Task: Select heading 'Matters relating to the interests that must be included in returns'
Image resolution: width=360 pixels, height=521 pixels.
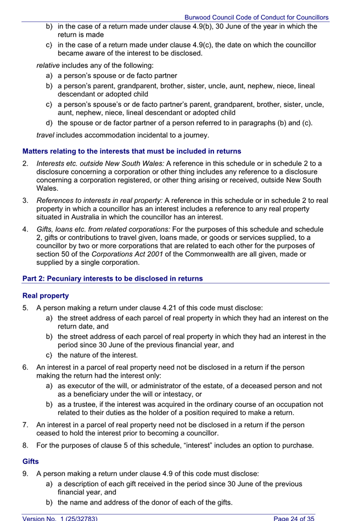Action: point(132,151)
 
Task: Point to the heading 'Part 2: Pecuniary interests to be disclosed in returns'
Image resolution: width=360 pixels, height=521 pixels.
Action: point(113,279)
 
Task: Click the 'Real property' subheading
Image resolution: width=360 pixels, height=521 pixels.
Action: point(46,296)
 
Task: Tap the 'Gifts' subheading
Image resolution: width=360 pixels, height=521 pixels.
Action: point(31,462)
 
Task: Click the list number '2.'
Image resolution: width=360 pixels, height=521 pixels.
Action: point(26,163)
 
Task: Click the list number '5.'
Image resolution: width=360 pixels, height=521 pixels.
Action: point(26,308)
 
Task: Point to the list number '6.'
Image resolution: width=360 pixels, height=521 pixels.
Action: point(26,367)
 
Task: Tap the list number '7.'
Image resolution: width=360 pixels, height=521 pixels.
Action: point(26,424)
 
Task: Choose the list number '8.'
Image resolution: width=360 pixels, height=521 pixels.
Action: point(26,445)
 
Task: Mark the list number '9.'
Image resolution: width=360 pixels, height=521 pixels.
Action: point(26,473)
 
